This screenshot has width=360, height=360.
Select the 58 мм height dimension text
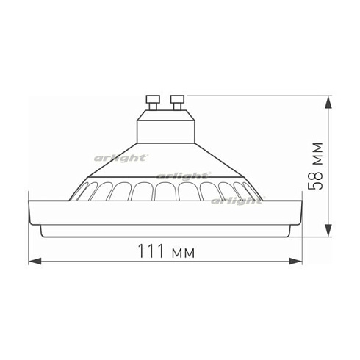click(317, 167)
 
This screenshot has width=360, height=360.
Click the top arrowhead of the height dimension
click(329, 98)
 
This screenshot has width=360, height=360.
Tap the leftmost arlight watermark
click(122, 156)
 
